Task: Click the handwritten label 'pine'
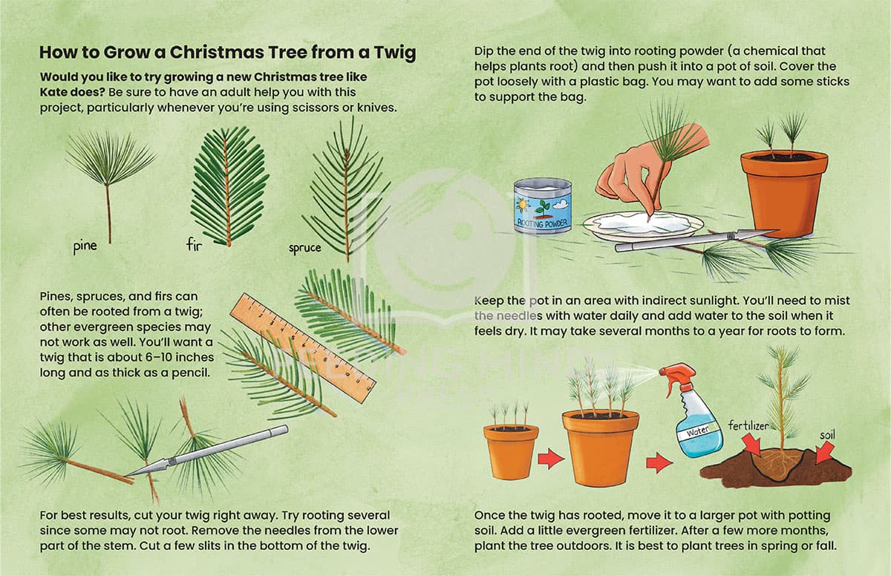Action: tap(85, 246)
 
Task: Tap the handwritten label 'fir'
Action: tap(194, 244)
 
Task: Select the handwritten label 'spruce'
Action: tap(304, 248)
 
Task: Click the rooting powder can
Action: tap(542, 206)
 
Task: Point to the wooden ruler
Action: tap(303, 347)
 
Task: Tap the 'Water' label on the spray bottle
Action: tap(698, 431)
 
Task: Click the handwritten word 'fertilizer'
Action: tap(748, 426)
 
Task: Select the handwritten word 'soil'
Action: tap(827, 435)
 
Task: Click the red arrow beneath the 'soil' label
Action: tap(825, 453)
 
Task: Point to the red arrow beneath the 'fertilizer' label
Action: tap(751, 445)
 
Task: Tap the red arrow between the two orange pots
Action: tap(550, 459)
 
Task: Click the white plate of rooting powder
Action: tap(644, 226)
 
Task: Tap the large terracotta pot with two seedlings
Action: tap(784, 194)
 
